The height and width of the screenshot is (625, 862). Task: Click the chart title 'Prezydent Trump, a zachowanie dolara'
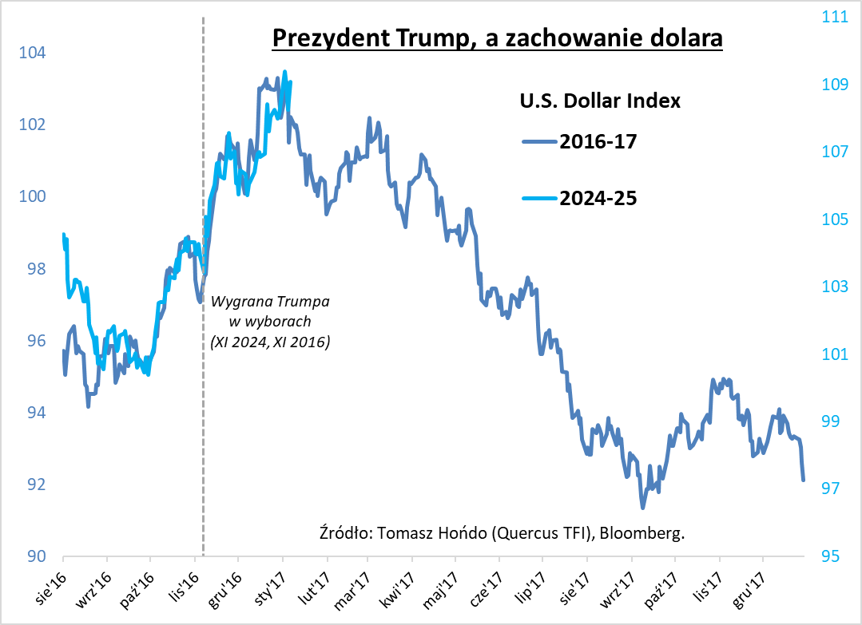tap(497, 38)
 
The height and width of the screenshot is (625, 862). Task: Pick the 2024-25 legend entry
tap(580, 199)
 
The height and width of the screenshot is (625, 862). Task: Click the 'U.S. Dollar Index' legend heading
tap(599, 101)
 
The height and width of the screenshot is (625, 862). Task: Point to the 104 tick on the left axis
tap(36, 53)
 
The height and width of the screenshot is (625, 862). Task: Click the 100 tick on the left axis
tap(36, 197)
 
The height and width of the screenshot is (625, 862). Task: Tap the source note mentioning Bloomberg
tap(502, 532)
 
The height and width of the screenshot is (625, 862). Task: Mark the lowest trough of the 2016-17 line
tap(642, 507)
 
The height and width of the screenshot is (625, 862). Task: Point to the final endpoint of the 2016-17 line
tap(804, 481)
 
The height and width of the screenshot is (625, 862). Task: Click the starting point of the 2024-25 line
tap(63, 235)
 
